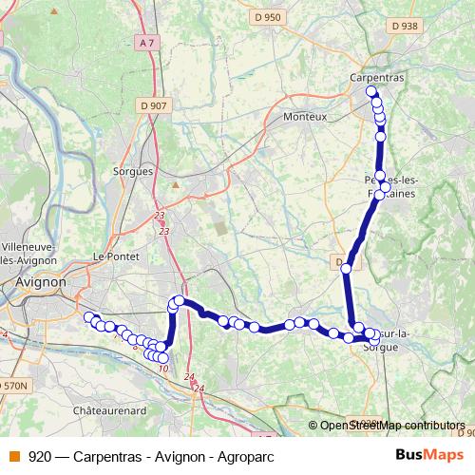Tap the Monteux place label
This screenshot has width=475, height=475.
305,117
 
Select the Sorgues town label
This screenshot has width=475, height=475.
132,171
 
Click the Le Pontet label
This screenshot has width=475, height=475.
117,256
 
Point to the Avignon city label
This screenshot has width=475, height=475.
42,282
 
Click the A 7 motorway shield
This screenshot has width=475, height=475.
144,43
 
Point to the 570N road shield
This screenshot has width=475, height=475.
14,386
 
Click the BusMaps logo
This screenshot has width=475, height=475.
429,455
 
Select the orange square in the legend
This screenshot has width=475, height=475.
14,455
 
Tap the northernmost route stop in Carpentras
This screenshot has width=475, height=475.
371,91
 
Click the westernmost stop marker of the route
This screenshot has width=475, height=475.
89,317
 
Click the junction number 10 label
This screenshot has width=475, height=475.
163,369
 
